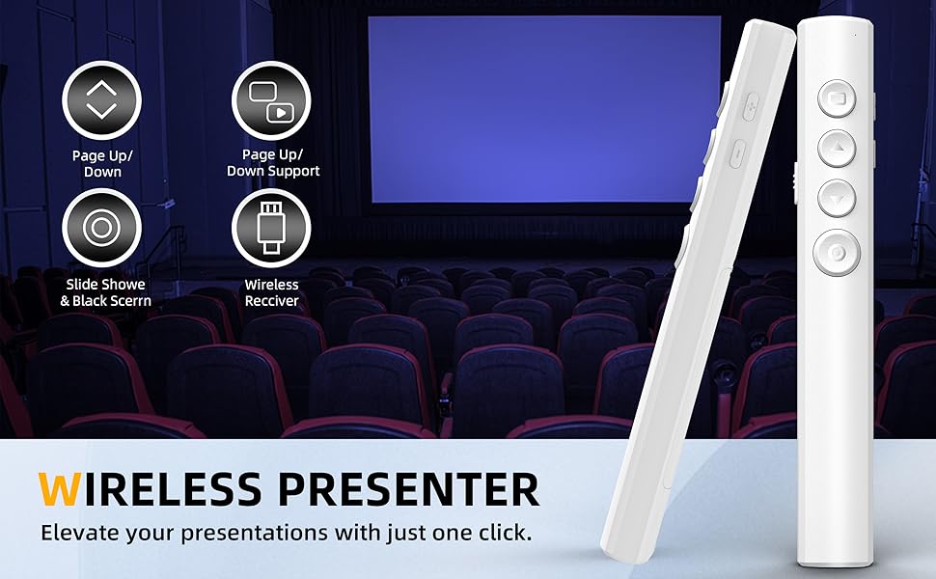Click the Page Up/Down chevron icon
pos(101,99)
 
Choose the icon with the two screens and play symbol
pos(271,100)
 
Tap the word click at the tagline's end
pos(500,532)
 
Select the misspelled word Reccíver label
pos(271,301)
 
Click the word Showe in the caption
pos(123,285)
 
